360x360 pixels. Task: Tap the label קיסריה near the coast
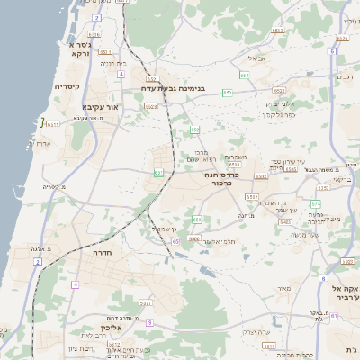[67, 87]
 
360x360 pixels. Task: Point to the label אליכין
[112, 329]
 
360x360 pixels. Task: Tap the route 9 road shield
[149, 321]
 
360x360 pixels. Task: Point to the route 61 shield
[334, 316]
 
